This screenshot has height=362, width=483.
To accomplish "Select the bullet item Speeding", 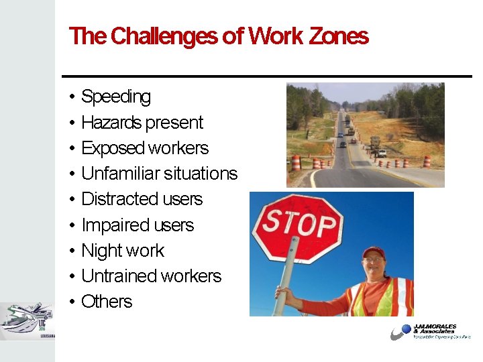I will (x=115, y=97).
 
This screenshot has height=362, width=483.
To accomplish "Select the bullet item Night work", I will (x=122, y=251).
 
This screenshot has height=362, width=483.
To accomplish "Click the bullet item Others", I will (x=106, y=302).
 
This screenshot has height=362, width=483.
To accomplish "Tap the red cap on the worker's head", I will (x=373, y=252).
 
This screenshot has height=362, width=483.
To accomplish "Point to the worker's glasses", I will (x=373, y=260).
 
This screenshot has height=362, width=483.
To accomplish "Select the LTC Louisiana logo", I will (x=28, y=322).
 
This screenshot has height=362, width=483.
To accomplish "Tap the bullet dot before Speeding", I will (x=72, y=98).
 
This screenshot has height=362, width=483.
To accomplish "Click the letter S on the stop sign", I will (x=271, y=221).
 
